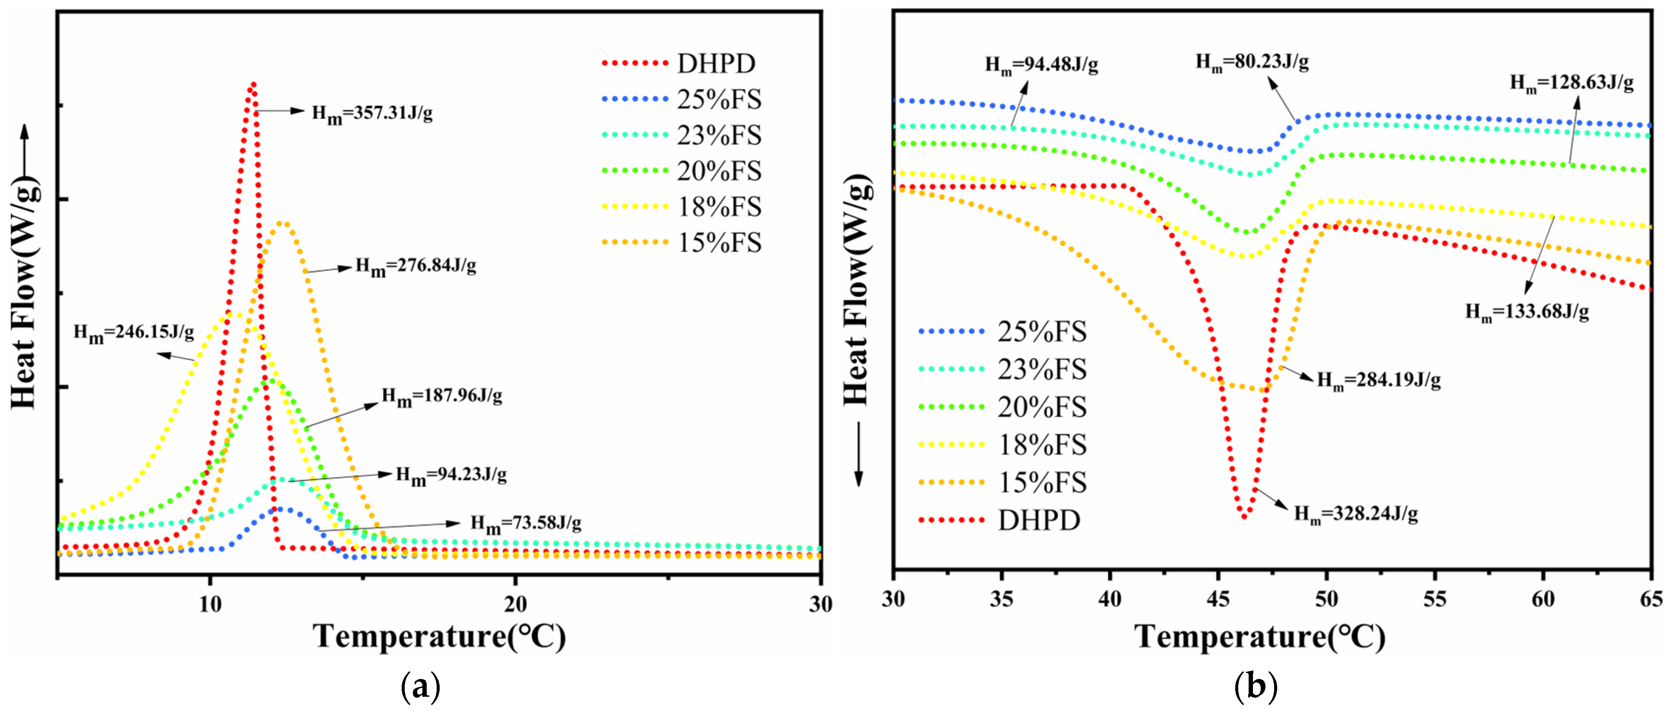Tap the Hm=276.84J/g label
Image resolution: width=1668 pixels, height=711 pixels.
[416, 266]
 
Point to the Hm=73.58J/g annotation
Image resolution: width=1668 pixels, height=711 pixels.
[526, 523]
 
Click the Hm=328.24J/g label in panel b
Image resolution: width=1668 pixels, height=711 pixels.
[1356, 514]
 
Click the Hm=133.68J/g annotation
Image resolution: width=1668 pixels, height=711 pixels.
[1527, 312]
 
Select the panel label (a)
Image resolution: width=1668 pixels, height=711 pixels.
[421, 686]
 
